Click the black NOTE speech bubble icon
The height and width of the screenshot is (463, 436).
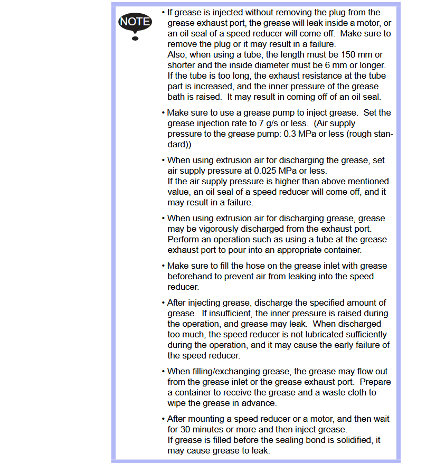pyautogui.click(x=135, y=23)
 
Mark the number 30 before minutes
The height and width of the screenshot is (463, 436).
pyautogui.click(x=186, y=429)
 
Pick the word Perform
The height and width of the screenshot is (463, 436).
pyautogui.click(x=183, y=239)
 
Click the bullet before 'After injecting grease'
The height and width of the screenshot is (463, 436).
pyautogui.click(x=163, y=303)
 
